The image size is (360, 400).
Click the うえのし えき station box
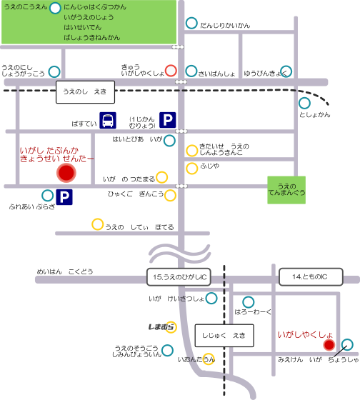pos(85,92)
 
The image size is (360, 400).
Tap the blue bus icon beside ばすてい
pos(108,120)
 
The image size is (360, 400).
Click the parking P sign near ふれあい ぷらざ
pos(64,197)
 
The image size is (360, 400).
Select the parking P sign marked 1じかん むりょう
pos(168,120)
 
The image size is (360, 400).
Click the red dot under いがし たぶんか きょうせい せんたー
pos(66,173)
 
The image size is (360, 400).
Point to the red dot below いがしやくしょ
pos(329,345)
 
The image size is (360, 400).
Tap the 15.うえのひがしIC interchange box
pos(179,277)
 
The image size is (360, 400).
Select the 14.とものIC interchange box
pos(311,277)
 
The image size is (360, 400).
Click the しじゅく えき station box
pos(224,336)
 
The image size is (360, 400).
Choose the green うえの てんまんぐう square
pos(286,190)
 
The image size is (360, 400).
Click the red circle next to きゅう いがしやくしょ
pos(171,71)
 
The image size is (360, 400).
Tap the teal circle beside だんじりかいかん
pos(191,23)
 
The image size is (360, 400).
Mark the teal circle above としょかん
pos(304,104)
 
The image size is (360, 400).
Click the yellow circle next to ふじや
pos(192,169)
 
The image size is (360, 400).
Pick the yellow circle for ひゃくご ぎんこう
pos(170,196)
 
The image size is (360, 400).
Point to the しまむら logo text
pos(161,327)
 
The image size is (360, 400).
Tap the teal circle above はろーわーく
pos(249,302)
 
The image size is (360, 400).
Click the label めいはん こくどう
pos(65,271)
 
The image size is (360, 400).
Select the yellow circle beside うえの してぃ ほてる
pos(97,224)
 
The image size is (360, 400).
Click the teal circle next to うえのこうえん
pos(55,8)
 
